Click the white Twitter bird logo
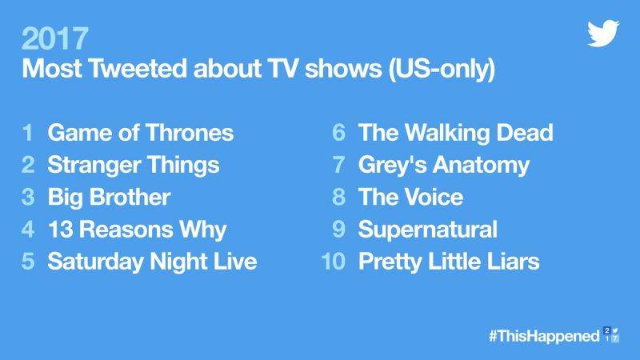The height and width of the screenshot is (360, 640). click(603, 33)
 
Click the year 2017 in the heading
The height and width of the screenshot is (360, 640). click(54, 38)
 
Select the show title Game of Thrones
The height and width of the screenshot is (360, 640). click(141, 133)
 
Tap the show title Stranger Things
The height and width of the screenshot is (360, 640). click(134, 166)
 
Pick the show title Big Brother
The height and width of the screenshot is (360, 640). click(109, 197)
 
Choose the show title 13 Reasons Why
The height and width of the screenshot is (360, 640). click(137, 230)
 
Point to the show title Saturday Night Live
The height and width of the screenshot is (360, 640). click(152, 262)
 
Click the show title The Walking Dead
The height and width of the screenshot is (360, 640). click(455, 133)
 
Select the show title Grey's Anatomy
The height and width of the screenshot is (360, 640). click(444, 166)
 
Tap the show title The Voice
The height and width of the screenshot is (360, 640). click(410, 197)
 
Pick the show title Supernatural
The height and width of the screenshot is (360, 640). click(428, 230)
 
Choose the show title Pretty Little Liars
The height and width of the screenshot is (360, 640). click(449, 262)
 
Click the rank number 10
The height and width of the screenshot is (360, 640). click(334, 262)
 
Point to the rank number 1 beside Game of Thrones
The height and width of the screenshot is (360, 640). click(28, 133)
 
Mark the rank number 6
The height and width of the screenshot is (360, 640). click(338, 133)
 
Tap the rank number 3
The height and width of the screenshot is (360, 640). click(28, 197)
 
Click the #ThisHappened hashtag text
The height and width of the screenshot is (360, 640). click(545, 336)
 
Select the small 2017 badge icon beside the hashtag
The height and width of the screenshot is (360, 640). click(611, 334)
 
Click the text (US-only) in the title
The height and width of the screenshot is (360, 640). click(442, 69)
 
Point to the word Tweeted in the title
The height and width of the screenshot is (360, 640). click(138, 68)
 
